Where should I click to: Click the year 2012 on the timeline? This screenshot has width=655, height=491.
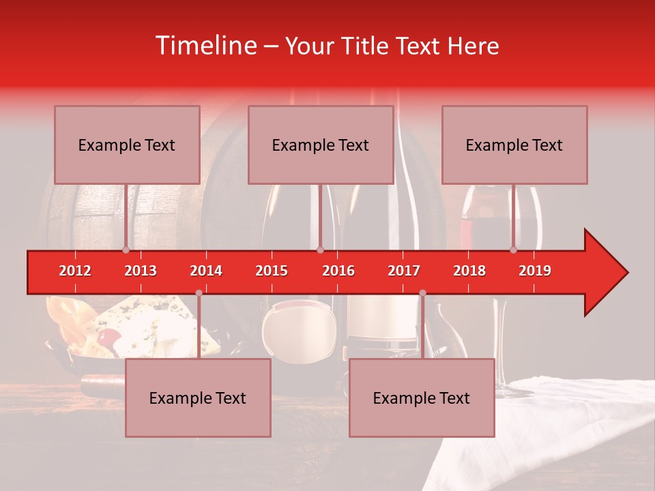point(75,271)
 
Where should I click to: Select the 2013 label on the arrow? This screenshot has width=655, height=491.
point(141,271)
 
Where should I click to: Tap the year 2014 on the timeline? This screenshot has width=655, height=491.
point(206,271)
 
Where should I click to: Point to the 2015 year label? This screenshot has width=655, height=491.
point(272,271)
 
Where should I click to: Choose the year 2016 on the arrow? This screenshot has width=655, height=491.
point(338,271)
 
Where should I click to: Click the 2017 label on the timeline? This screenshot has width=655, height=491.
point(404,271)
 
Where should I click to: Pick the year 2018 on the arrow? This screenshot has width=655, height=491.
point(469,271)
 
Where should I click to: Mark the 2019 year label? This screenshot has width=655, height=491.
point(535,271)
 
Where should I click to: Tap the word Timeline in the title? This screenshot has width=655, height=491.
point(205,46)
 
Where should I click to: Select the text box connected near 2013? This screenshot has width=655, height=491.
point(127,145)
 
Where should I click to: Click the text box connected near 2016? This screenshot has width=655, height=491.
point(321,145)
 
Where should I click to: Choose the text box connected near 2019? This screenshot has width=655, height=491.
point(514,145)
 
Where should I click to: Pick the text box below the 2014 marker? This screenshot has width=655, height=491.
point(198,398)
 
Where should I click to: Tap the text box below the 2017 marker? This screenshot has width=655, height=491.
point(422,398)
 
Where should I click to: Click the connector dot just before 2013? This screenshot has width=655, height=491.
point(126,250)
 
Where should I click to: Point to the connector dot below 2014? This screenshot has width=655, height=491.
point(199,293)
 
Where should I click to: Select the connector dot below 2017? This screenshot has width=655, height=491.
point(422,293)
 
